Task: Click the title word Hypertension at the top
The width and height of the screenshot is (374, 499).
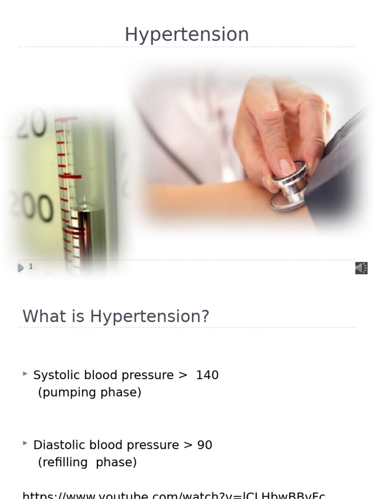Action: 187,35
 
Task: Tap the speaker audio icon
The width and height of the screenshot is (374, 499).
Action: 361,268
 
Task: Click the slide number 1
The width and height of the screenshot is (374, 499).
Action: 31,267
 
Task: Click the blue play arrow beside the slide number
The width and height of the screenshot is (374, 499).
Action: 20,268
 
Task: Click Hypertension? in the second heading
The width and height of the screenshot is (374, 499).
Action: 150,317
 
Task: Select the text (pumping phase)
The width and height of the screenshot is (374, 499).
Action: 90,392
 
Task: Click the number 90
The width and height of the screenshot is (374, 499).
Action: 205,445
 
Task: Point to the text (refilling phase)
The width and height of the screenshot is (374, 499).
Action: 88,462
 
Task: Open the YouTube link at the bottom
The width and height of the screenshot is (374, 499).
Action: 173,495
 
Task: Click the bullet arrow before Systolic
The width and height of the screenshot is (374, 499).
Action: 25,374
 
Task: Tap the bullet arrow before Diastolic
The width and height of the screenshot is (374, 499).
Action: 25,443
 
